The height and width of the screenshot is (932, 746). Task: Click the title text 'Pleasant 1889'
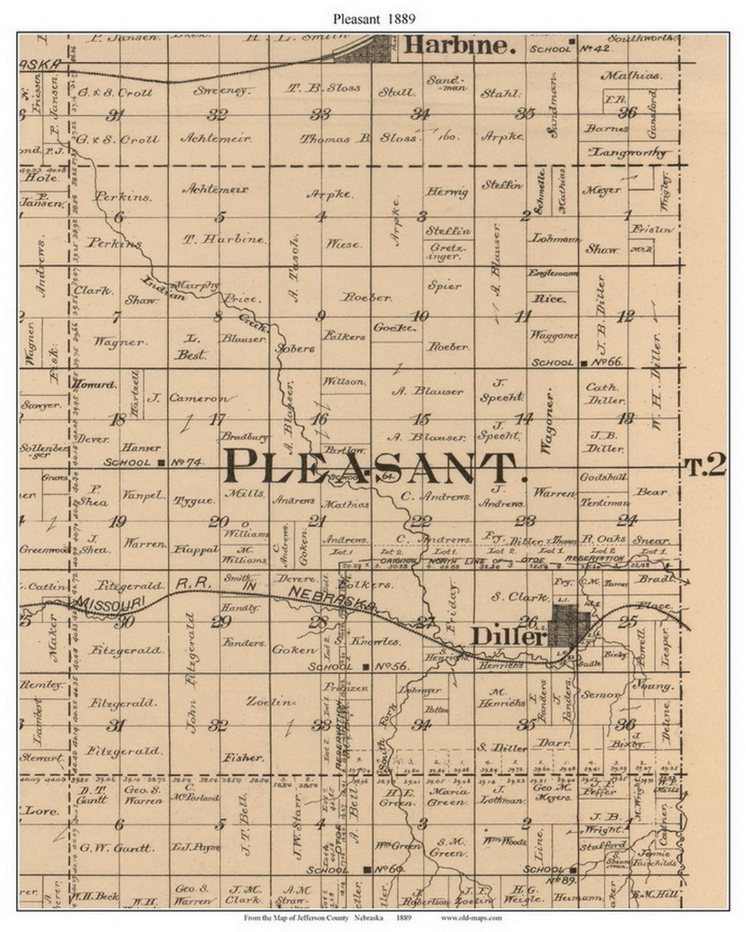(374, 19)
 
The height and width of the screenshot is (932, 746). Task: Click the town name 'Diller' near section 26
(508, 636)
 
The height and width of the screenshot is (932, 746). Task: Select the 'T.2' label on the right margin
(705, 467)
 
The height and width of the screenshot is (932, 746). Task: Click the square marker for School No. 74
(161, 463)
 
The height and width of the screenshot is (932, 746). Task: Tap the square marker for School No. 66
(584, 363)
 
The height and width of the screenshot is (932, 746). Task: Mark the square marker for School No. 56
(365, 667)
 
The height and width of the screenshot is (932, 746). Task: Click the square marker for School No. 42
(571, 48)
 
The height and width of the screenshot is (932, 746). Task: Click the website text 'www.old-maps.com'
(471, 918)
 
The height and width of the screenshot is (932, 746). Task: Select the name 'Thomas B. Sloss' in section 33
(358, 138)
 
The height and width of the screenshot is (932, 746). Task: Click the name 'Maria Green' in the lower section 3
(448, 797)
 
